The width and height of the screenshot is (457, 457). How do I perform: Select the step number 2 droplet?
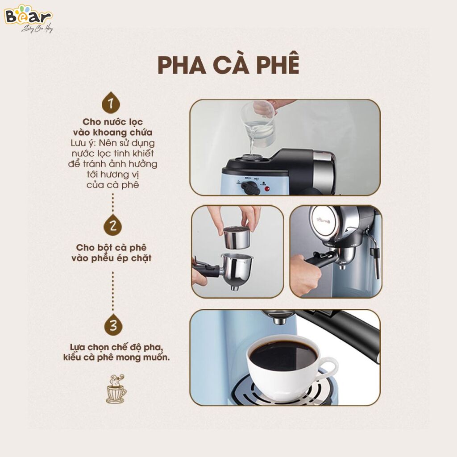[x=112, y=225]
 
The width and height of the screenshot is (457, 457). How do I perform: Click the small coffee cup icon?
[x=116, y=389]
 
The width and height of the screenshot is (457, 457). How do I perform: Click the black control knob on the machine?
[x=252, y=188]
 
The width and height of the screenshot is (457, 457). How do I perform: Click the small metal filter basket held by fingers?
[x=237, y=237]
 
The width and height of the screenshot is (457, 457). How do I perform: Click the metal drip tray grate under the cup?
[x=286, y=391]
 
